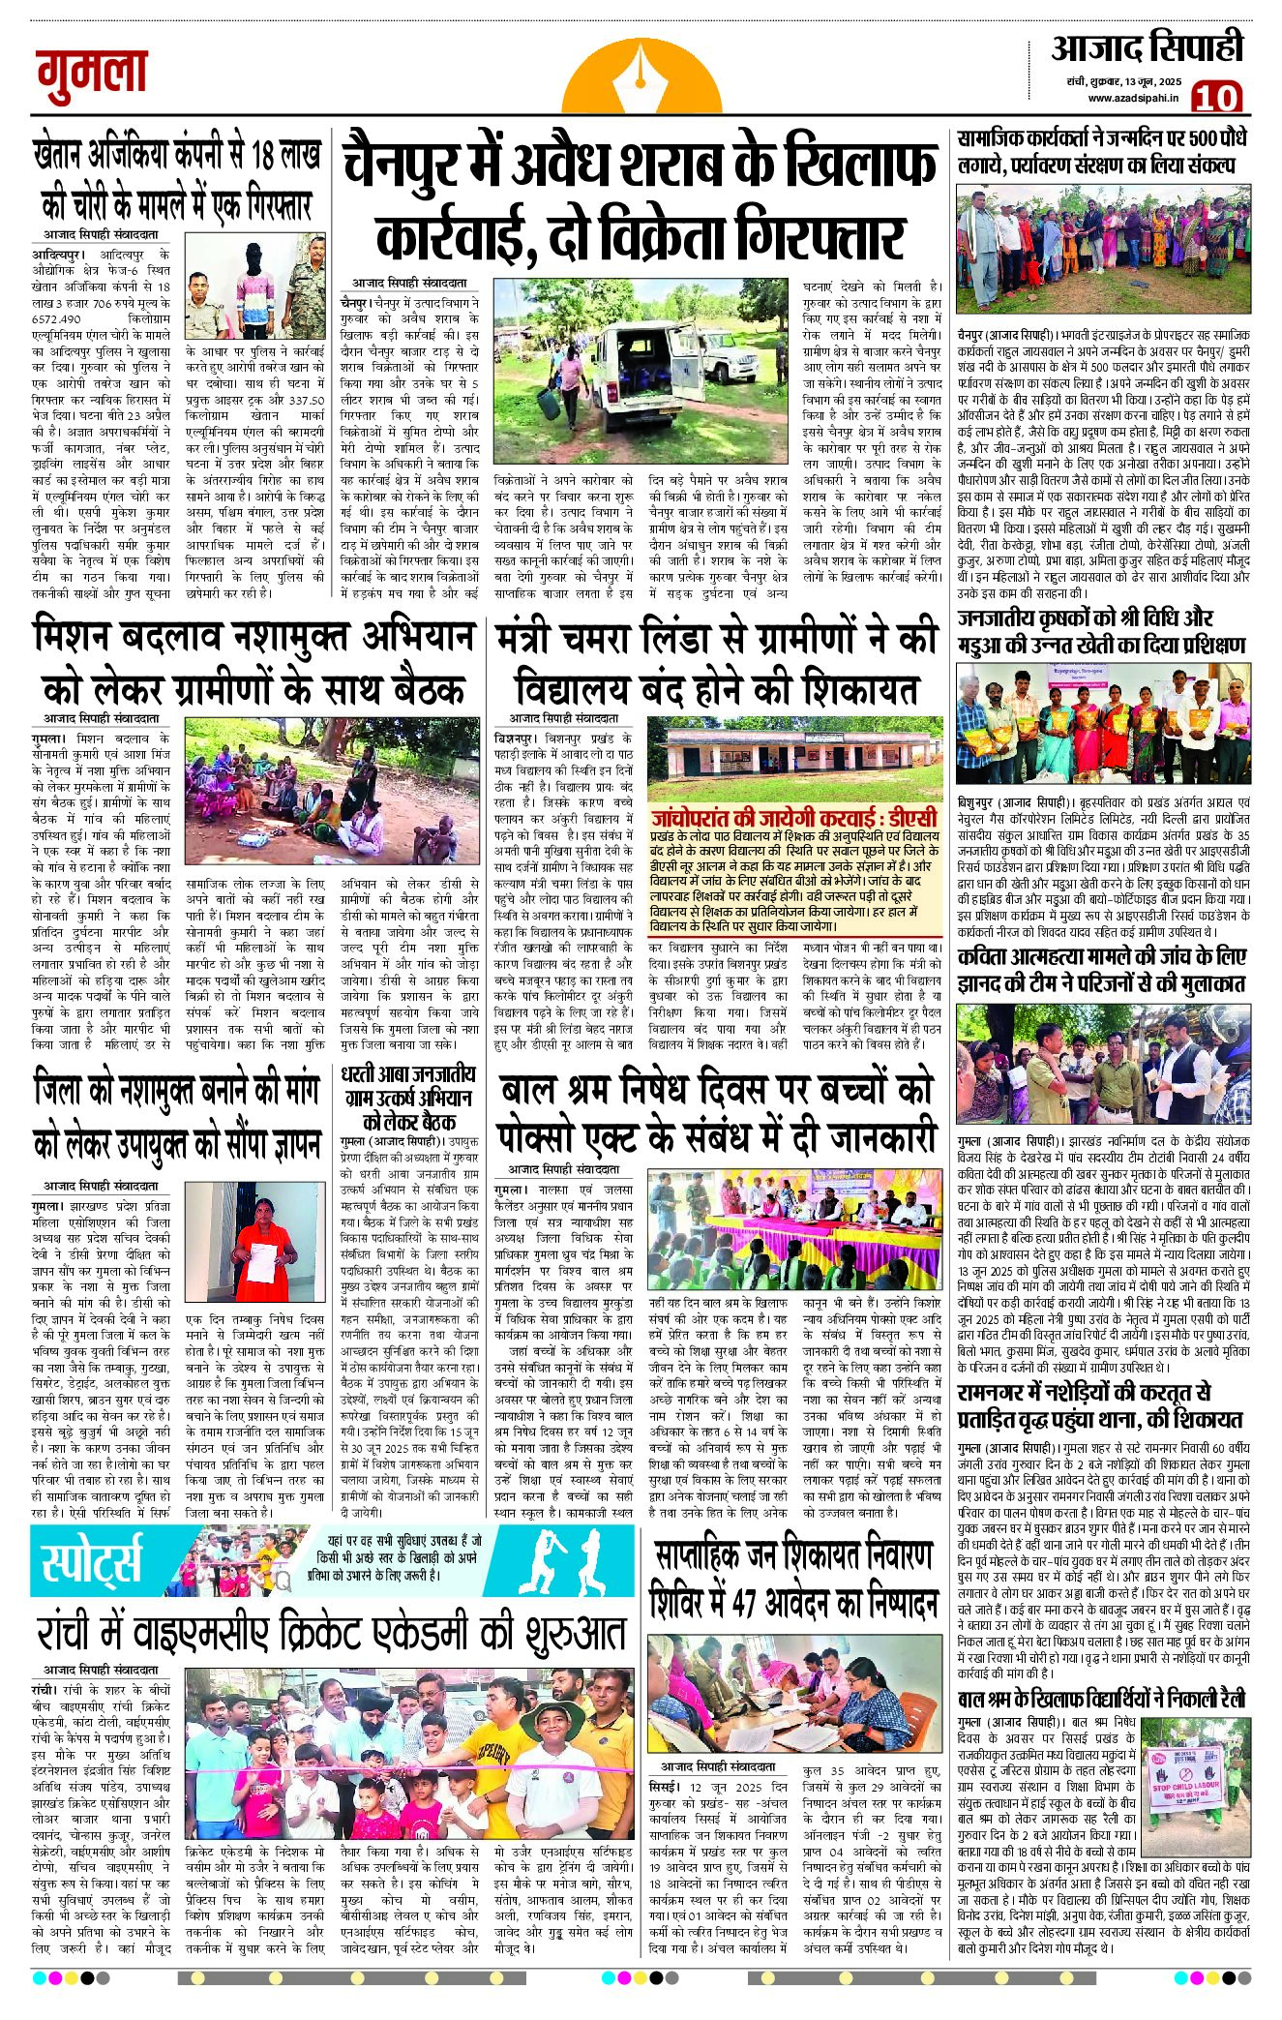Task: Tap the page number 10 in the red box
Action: (1215, 97)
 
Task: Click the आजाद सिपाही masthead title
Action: (1147, 48)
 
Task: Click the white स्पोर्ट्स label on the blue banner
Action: (91, 1559)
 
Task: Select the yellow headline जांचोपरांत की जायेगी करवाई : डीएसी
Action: (793, 817)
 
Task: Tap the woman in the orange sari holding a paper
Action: (258, 1253)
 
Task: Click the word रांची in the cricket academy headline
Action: (79, 1634)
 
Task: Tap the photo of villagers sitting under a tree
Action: (280, 791)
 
